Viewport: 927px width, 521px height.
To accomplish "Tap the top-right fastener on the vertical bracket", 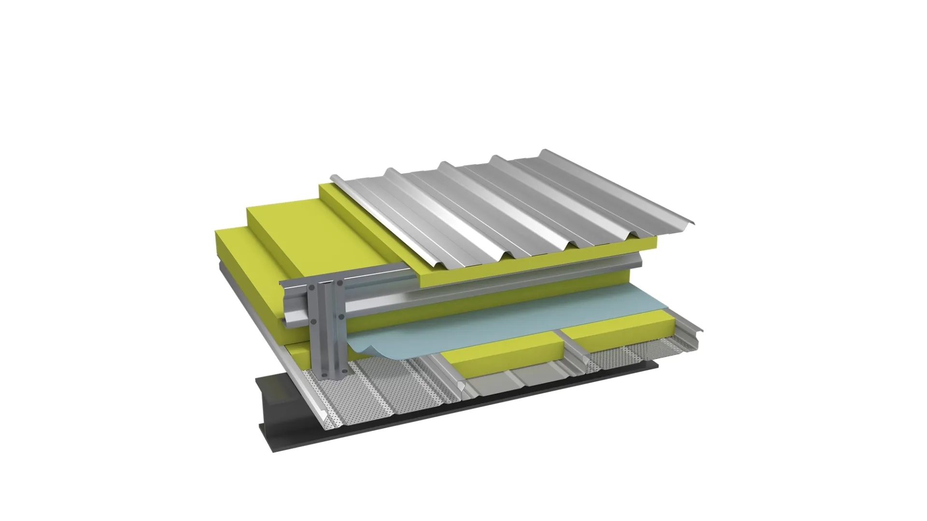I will coord(340,283).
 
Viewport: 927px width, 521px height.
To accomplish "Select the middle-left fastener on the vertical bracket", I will coord(313,320).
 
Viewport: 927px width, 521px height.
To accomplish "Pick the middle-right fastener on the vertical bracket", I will coord(341,316).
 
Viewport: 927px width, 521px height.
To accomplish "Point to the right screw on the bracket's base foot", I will coord(345,371).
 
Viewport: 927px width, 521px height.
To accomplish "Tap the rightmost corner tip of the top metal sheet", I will coord(694,223).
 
